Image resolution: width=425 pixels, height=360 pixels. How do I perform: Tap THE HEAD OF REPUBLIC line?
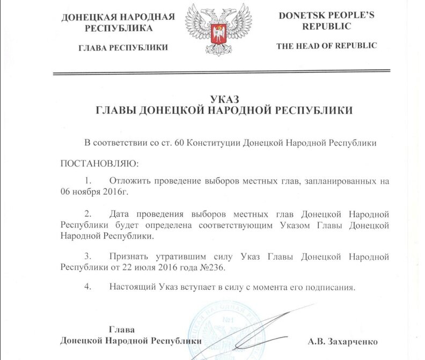(x=326, y=46)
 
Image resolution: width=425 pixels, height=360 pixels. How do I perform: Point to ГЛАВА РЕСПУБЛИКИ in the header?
(x=123, y=48)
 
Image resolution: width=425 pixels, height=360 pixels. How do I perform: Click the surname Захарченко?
(x=354, y=341)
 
